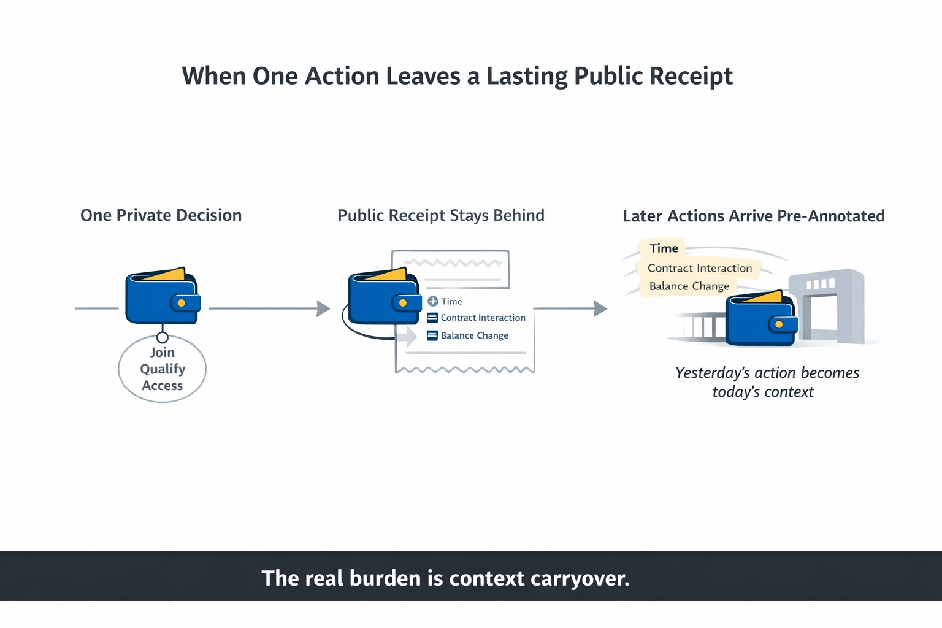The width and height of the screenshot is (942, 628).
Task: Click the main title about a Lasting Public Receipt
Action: [x=457, y=76]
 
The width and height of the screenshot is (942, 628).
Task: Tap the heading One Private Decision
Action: [x=161, y=215]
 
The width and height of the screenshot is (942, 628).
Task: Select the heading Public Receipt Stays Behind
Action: [x=441, y=215]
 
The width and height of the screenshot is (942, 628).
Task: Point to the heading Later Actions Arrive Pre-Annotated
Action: [x=753, y=216]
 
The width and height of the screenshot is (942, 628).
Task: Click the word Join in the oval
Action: [x=163, y=353]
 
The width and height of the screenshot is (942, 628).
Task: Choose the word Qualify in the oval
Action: [x=163, y=369]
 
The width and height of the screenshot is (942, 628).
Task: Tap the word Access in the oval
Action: [x=163, y=386]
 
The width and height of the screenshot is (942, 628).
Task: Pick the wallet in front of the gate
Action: [x=761, y=319]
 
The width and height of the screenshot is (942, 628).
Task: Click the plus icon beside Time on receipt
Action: [x=433, y=301]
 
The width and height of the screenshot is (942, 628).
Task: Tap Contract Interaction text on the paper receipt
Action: [x=483, y=318]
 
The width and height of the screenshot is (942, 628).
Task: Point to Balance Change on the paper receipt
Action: [x=474, y=335]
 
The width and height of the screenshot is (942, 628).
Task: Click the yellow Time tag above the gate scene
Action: [x=664, y=248]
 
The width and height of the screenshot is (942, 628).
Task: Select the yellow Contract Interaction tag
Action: [x=699, y=268]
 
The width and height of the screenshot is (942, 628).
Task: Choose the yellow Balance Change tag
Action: [x=689, y=286]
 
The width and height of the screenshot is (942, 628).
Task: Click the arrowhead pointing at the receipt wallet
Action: [x=323, y=308]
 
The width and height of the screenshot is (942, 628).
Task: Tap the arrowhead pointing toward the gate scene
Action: [x=600, y=308]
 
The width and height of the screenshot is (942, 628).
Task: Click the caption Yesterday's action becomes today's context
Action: [x=766, y=382]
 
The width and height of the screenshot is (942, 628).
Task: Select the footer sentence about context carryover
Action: [x=445, y=578]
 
